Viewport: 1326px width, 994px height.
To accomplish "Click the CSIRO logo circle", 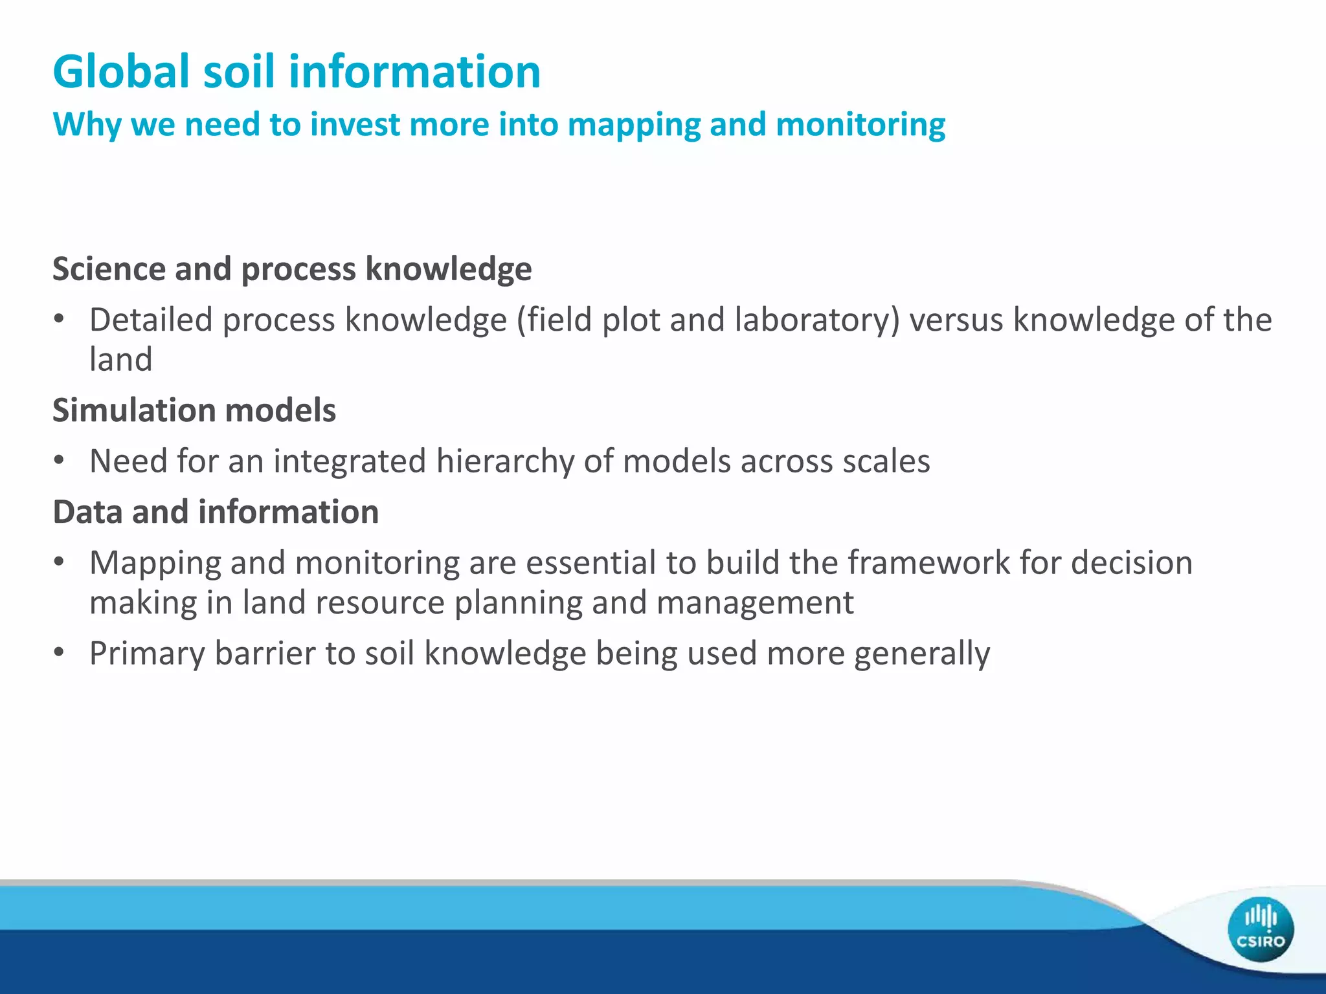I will click(1260, 929).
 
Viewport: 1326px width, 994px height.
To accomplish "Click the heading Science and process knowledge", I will click(292, 269).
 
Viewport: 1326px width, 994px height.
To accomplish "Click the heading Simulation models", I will click(194, 410).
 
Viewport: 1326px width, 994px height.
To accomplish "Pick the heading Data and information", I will click(216, 512).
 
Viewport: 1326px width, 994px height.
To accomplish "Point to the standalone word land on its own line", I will click(120, 359).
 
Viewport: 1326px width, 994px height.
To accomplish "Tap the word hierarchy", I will click(505, 461).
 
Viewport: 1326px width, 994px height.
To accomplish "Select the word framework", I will click(928, 562).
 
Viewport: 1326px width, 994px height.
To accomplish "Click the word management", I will click(755, 602).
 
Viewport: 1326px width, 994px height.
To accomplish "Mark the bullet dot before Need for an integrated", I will click(60, 461).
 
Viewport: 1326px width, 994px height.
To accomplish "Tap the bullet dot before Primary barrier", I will click(60, 652).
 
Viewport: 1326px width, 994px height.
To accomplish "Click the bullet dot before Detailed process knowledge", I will click(60, 319).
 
